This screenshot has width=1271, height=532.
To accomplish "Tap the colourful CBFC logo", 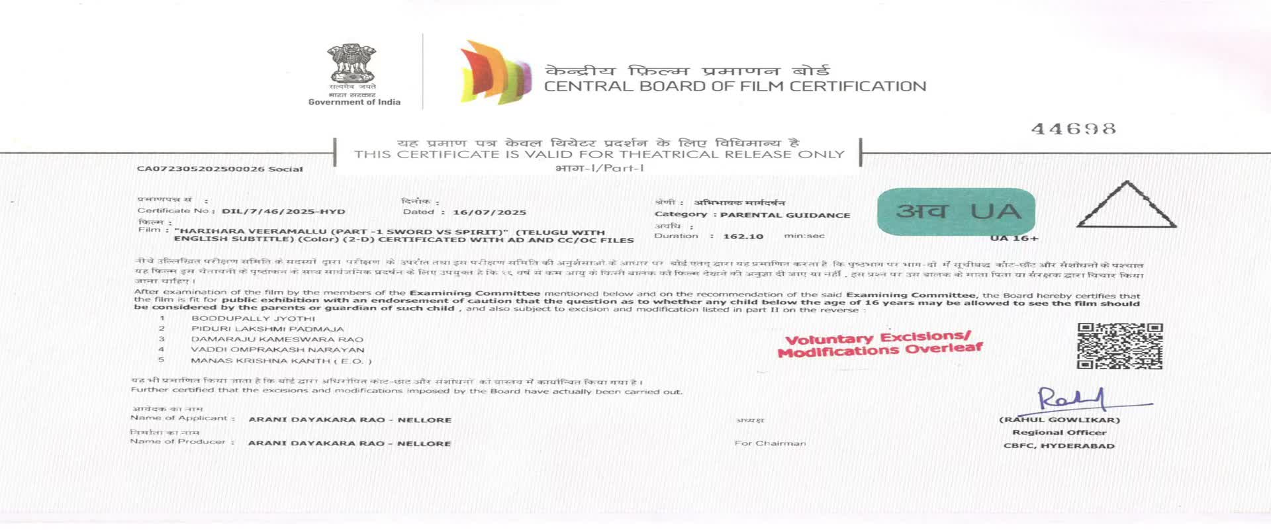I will point(496,73).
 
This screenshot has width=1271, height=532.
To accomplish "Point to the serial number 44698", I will point(1073,128).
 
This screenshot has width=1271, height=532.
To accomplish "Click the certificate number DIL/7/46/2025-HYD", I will point(283,212).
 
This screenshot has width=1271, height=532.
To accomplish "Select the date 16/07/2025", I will point(489,212).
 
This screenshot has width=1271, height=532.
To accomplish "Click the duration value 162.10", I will point(743,236).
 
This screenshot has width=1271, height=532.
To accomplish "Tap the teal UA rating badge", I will point(956,212).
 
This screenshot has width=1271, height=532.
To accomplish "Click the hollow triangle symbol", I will point(1126,206).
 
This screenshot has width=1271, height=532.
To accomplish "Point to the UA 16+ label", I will point(1014,238).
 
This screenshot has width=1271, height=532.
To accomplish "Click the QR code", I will point(1119,346).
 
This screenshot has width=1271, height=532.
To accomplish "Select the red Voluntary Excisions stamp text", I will point(880,345).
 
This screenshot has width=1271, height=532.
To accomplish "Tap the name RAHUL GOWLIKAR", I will point(1059,420).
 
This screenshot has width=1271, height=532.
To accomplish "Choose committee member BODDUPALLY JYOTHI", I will point(254,318).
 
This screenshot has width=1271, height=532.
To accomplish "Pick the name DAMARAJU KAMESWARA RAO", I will point(277,339).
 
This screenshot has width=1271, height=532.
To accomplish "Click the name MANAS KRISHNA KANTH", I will point(281,361).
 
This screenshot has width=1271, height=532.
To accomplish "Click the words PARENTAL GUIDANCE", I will point(785,215).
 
